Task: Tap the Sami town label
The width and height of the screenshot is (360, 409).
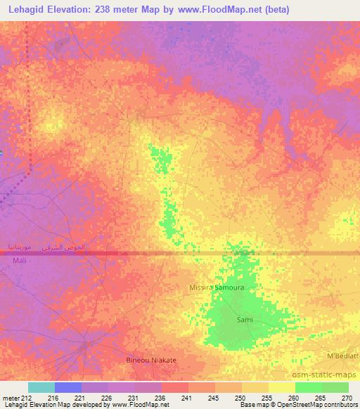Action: (244, 320)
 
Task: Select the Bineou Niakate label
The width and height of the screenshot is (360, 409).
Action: (150, 360)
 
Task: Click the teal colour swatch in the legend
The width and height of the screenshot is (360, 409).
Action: (41, 387)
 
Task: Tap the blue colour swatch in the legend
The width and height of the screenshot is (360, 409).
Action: (68, 387)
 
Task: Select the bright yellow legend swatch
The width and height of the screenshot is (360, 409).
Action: (281, 387)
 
